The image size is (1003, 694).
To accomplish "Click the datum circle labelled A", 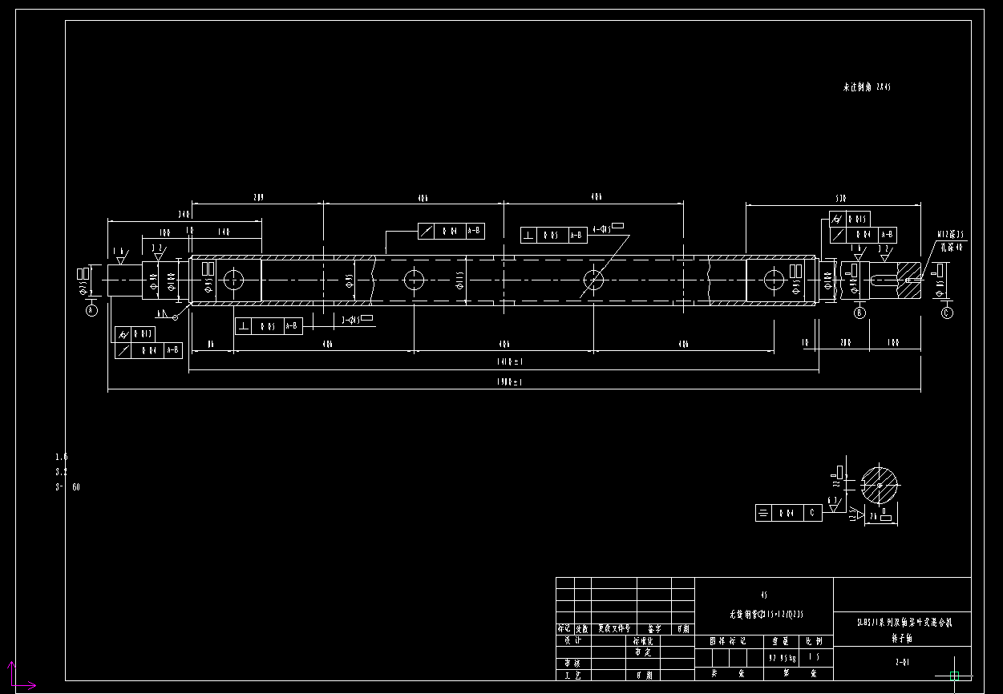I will click(x=91, y=309).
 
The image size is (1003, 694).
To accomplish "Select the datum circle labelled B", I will click(x=860, y=313).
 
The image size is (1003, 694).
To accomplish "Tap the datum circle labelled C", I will click(x=947, y=313).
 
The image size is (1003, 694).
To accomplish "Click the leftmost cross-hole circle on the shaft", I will click(x=233, y=280).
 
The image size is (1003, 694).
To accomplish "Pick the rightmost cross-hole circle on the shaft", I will click(x=774, y=280).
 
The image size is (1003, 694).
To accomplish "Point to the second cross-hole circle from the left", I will click(x=414, y=280).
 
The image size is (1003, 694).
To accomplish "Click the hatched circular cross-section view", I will click(x=880, y=486).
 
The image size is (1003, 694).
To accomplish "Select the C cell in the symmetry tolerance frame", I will click(x=812, y=513).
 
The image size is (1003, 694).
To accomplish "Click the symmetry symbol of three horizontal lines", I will click(x=764, y=513).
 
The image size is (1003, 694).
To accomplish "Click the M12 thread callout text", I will click(x=949, y=235).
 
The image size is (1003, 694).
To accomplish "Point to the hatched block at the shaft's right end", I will click(x=908, y=280).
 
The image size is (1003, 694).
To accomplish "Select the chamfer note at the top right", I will click(x=867, y=87).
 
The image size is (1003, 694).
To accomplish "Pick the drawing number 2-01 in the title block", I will click(x=902, y=663).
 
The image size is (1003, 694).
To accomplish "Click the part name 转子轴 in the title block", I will click(x=902, y=639).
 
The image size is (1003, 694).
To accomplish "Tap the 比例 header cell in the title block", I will click(x=814, y=641).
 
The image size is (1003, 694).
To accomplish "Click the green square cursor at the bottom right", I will click(x=954, y=676).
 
